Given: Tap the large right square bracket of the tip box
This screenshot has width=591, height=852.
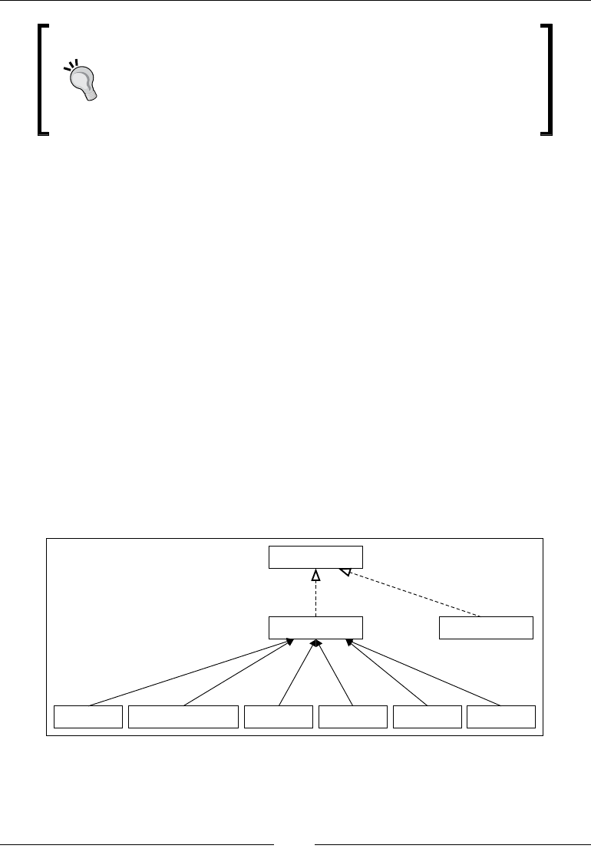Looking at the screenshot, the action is pos(548,80).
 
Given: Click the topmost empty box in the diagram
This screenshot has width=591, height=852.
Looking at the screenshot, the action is pos(315,557).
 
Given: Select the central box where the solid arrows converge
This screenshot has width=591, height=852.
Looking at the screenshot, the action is pos(315,627).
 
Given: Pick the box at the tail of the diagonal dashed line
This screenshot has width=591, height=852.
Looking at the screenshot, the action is pos(486,627).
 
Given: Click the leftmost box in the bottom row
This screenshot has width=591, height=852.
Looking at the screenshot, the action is pos(88,717).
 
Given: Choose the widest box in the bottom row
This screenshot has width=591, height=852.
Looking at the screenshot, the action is pos(183,717).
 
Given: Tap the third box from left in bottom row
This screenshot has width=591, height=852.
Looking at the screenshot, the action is pos(279,717).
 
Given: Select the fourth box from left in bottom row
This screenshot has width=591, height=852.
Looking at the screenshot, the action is pos(353,717).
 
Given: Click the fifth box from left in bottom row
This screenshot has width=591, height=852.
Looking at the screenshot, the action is pos(428,717).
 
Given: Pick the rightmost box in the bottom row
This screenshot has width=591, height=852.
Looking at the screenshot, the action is pos(501,717).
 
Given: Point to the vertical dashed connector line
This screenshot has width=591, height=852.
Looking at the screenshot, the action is pos(315,598).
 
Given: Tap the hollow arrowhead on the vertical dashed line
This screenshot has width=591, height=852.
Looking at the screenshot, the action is pos(315,575).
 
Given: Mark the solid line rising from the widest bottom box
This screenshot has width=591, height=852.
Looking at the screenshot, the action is pos(238,672).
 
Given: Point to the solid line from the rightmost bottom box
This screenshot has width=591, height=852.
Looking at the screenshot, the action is pos(426,672).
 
